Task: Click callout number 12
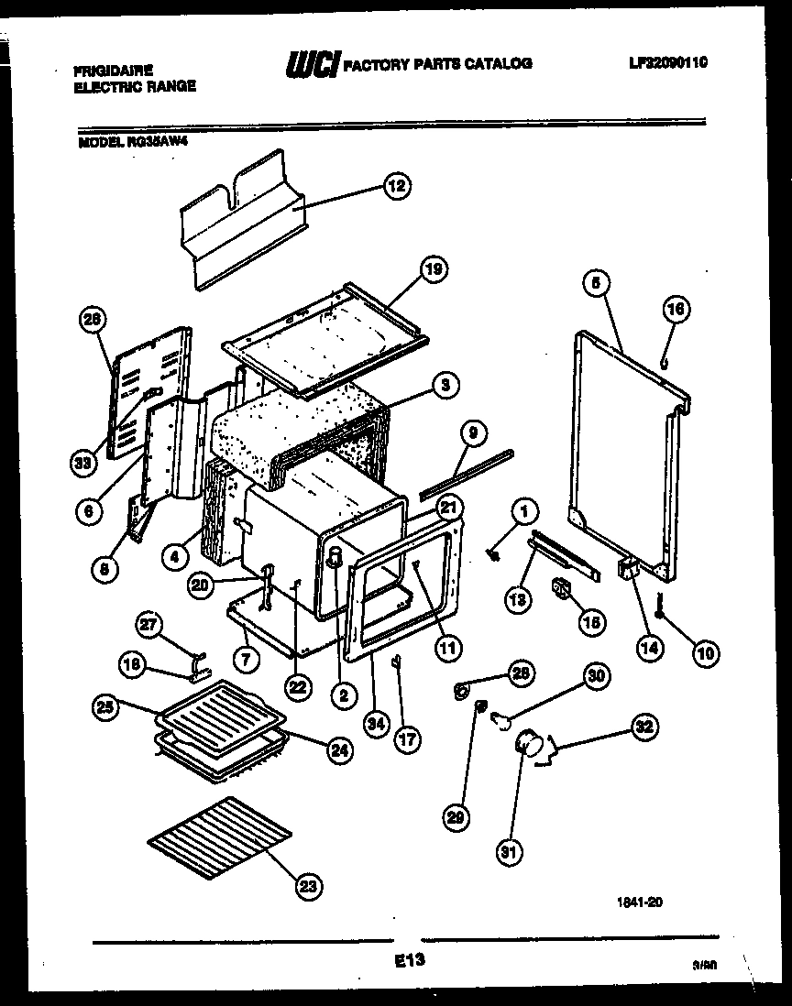tap(395, 186)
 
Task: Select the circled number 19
tap(433, 269)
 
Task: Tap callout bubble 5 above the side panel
tap(595, 285)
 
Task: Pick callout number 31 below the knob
tap(508, 853)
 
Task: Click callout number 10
tap(706, 652)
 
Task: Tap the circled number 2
tap(344, 695)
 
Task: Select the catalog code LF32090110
tap(668, 62)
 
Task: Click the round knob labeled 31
tap(527, 743)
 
